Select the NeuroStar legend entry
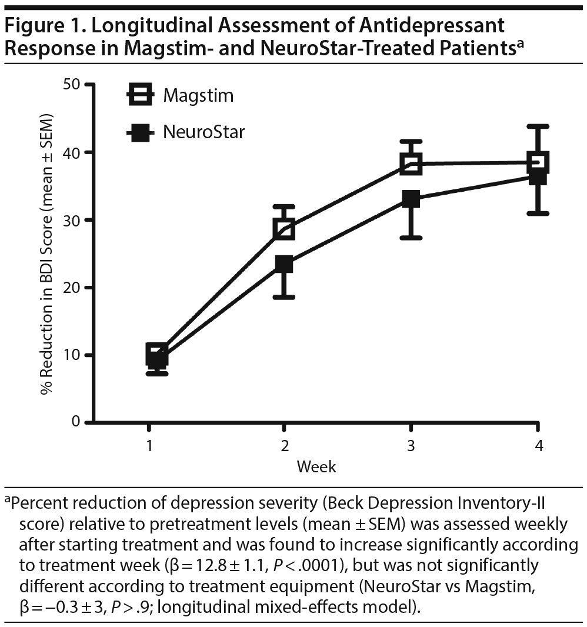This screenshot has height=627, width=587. coord(185,132)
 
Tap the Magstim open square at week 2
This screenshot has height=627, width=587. coord(284,229)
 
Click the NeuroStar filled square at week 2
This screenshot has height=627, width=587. coord(284,265)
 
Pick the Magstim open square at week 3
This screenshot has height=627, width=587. coord(411,164)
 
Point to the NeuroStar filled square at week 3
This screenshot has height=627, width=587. coord(411,199)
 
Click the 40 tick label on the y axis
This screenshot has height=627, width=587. coord(71,152)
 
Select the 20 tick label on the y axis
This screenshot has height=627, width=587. coord(71,288)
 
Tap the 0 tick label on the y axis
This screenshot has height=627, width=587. coord(75,422)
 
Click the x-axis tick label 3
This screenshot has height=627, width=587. coord(411,446)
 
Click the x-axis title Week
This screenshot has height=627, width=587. coord(316,467)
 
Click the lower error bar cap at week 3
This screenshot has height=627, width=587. coord(411,238)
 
